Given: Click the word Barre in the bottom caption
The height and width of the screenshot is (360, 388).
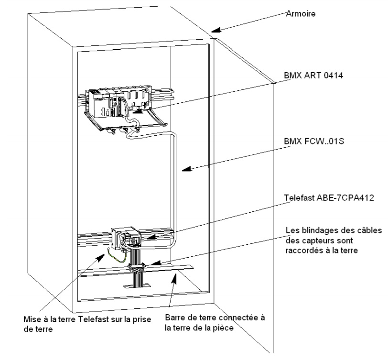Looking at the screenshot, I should [173, 317].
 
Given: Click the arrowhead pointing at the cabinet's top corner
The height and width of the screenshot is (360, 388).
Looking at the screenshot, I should [216, 33].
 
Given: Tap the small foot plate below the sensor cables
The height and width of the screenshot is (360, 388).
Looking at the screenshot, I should [136, 286].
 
